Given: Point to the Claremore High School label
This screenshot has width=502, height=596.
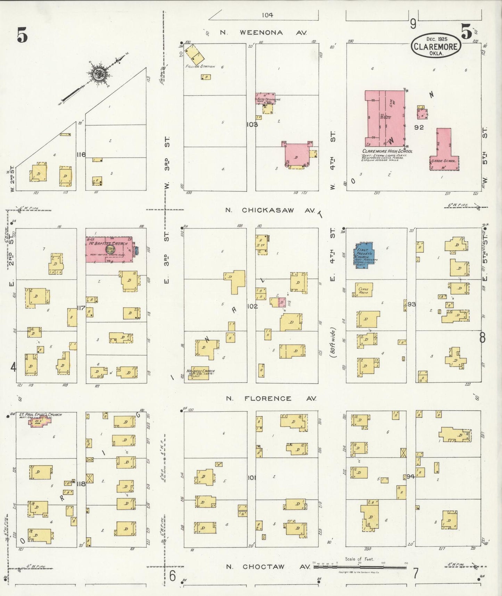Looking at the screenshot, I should [x=387, y=151].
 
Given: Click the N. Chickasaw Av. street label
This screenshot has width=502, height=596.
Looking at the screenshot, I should [x=270, y=210].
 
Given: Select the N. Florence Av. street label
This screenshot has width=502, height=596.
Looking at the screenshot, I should [x=271, y=398].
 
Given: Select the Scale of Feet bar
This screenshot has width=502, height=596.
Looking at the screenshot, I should [x=360, y=567].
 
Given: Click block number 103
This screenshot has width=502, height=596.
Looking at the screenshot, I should [x=252, y=124].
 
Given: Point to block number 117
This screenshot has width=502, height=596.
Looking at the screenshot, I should [x=81, y=308].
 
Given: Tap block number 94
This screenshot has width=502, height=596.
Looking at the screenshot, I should [x=411, y=476].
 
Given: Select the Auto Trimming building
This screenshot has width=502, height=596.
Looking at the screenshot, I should [x=265, y=99].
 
